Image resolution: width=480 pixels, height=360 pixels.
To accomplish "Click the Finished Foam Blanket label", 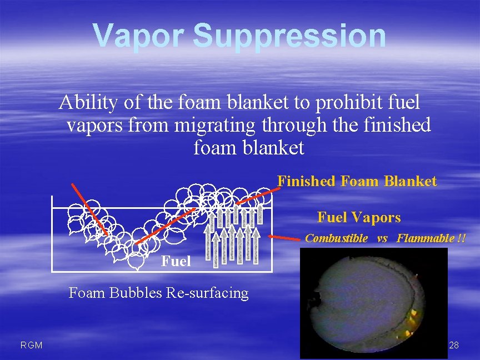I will click(357, 181).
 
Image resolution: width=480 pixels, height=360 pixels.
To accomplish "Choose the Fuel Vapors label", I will click(358, 217).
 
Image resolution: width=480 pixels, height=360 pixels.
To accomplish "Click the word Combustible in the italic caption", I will click(336, 239).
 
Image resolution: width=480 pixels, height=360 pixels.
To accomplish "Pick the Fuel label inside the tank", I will click(176, 261).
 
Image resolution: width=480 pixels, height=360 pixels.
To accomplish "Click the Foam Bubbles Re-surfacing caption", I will click(158, 293).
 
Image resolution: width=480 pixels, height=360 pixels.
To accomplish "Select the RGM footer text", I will click(31, 346).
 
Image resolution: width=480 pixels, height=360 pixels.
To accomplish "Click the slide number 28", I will click(453, 346).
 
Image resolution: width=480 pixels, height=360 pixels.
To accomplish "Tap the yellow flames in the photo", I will click(412, 321).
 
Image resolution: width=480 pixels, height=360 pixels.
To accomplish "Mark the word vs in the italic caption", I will click(382, 239).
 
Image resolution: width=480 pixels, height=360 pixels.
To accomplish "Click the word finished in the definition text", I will click(397, 125).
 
